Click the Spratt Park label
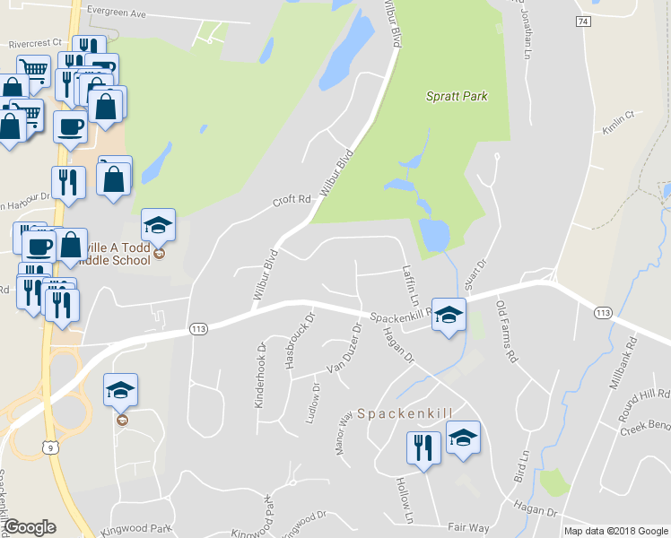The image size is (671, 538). click(457, 96)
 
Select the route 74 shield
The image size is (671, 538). click(584, 21)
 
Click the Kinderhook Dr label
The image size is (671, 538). click(260, 374)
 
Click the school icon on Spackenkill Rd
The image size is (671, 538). click(449, 314)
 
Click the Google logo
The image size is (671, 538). click(30, 527)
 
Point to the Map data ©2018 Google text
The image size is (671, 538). click(615, 531)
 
